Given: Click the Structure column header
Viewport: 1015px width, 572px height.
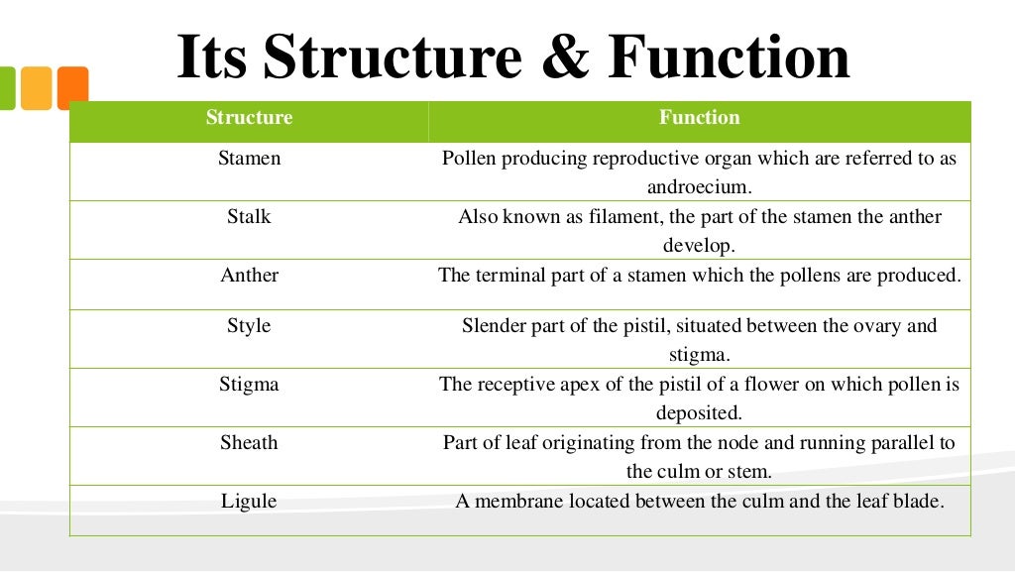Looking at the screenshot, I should [x=249, y=118].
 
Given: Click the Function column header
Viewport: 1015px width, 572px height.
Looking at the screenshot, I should [x=699, y=118].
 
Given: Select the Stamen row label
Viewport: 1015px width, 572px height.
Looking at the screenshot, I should [x=249, y=158].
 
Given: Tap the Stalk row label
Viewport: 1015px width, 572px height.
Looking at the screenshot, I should [x=249, y=217].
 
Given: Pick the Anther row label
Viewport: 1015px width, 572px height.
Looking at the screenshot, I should [x=249, y=276].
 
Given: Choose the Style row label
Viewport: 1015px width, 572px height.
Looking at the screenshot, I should [x=249, y=325].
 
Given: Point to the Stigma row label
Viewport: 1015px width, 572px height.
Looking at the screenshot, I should [x=249, y=385].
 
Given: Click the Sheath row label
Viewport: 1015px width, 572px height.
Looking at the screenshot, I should [x=249, y=443].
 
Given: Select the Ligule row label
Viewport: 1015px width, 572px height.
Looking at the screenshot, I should [x=249, y=502].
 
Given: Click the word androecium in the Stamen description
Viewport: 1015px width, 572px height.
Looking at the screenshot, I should [x=700, y=186].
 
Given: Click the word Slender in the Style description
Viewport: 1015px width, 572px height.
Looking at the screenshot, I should [x=497, y=325].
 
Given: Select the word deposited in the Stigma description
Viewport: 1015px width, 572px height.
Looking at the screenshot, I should [x=699, y=412].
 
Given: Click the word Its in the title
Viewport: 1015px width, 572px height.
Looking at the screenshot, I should [x=214, y=58].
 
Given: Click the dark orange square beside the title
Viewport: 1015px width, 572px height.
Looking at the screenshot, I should [x=72, y=88].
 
